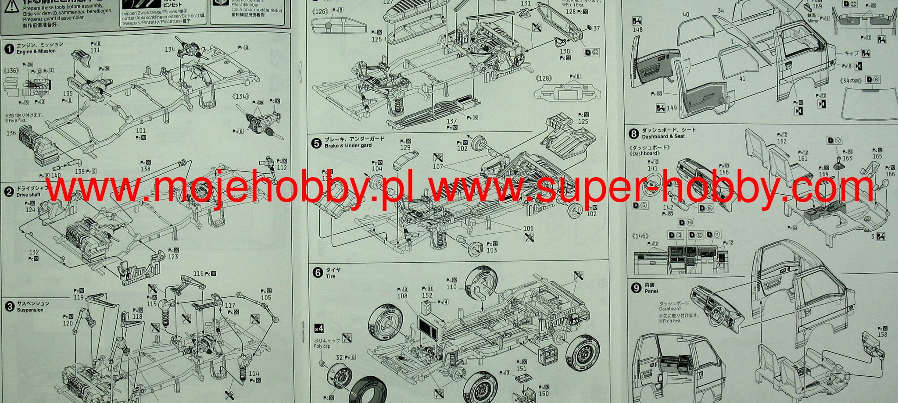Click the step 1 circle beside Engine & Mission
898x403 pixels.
pyautogui.click(x=9, y=48)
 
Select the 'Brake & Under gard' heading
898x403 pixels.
pyautogui.click(x=348, y=146)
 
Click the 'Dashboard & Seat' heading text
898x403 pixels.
pyautogui.click(x=663, y=136)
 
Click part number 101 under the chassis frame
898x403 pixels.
pyautogui.click(x=141, y=131)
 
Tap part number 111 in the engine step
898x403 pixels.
pyautogui.click(x=95, y=50)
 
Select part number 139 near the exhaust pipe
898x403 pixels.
pyautogui.click(x=80, y=171)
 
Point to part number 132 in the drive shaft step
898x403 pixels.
pyautogui.click(x=34, y=252)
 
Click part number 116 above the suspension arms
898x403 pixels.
pyautogui.click(x=199, y=274)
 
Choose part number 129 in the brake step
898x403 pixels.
pyautogui.click(x=405, y=148)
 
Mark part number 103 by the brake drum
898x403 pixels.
pyautogui.click(x=492, y=250)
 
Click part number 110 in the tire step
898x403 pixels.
pyautogui.click(x=451, y=287)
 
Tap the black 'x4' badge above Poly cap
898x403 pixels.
pyautogui.click(x=319, y=328)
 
